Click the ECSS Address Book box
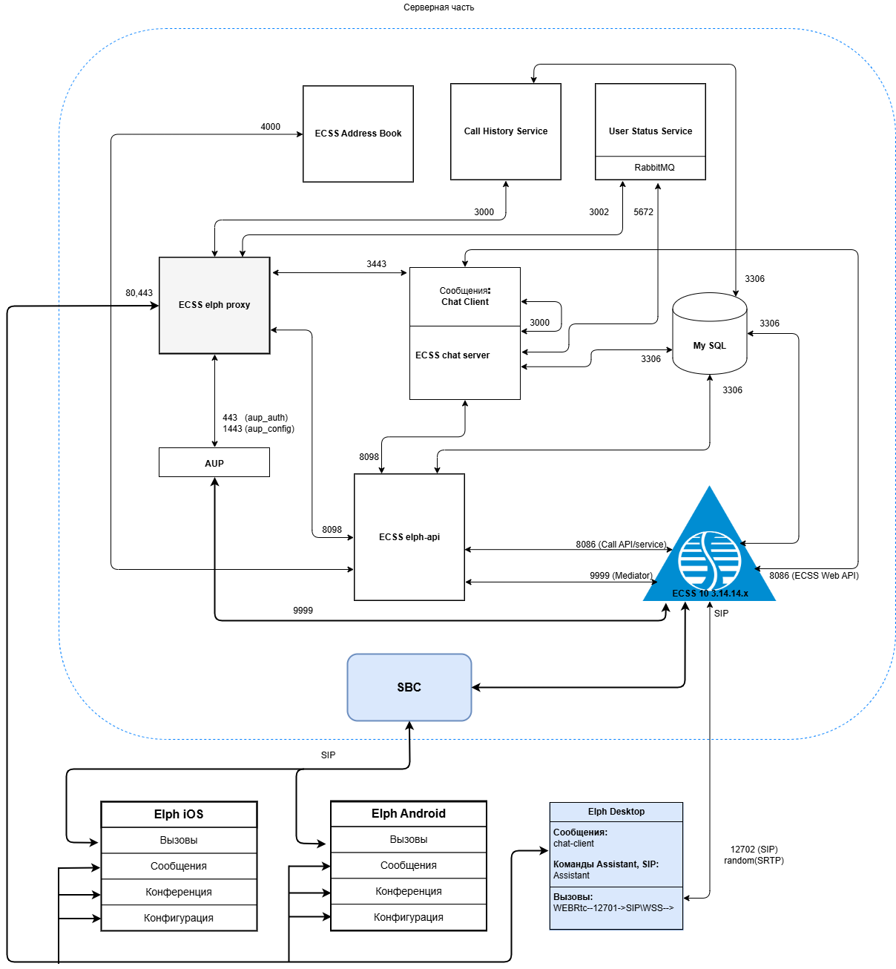point(358,134)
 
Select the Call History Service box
point(505,131)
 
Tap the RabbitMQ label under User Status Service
point(654,168)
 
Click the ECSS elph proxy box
point(214,305)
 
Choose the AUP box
point(214,463)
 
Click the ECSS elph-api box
point(409,537)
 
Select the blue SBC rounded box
point(409,687)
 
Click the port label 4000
point(270,127)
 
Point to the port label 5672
point(643,212)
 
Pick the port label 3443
point(376,264)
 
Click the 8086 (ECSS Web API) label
point(814,576)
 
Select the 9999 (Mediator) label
point(621,576)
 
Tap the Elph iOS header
point(179,814)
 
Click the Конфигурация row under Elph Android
point(409,917)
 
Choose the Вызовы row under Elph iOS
point(179,840)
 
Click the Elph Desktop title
point(616,812)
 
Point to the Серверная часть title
point(438,7)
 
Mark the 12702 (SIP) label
point(754,850)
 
